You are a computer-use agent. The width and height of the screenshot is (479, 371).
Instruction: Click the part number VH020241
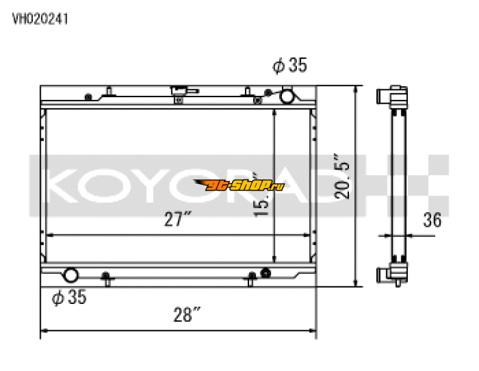click(40, 19)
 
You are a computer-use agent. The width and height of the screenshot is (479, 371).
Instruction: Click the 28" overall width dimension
click(187, 314)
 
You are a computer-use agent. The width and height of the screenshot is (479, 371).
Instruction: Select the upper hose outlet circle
click(288, 95)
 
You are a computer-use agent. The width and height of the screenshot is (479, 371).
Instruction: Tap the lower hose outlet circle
click(71, 276)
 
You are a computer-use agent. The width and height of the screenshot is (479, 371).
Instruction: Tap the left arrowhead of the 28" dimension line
click(44, 330)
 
